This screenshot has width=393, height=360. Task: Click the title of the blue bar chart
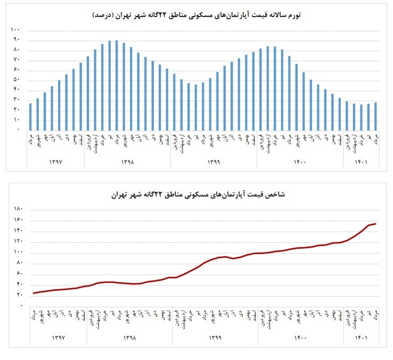coord(196,14)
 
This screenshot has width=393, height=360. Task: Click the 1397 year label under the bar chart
coord(55,160)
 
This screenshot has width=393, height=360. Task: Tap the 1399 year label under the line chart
coord(215,337)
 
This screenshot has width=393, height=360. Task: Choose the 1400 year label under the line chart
coord(301,337)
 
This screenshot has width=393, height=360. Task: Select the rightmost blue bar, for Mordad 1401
coord(375,116)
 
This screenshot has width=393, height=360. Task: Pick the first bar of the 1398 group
coord(88,93)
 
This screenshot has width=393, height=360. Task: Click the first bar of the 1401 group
coord(347,116)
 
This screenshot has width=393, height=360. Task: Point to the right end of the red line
coord(376,224)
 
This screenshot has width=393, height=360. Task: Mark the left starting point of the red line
coord(34,293)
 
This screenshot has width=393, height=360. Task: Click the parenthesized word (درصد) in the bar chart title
coord(104,14)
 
